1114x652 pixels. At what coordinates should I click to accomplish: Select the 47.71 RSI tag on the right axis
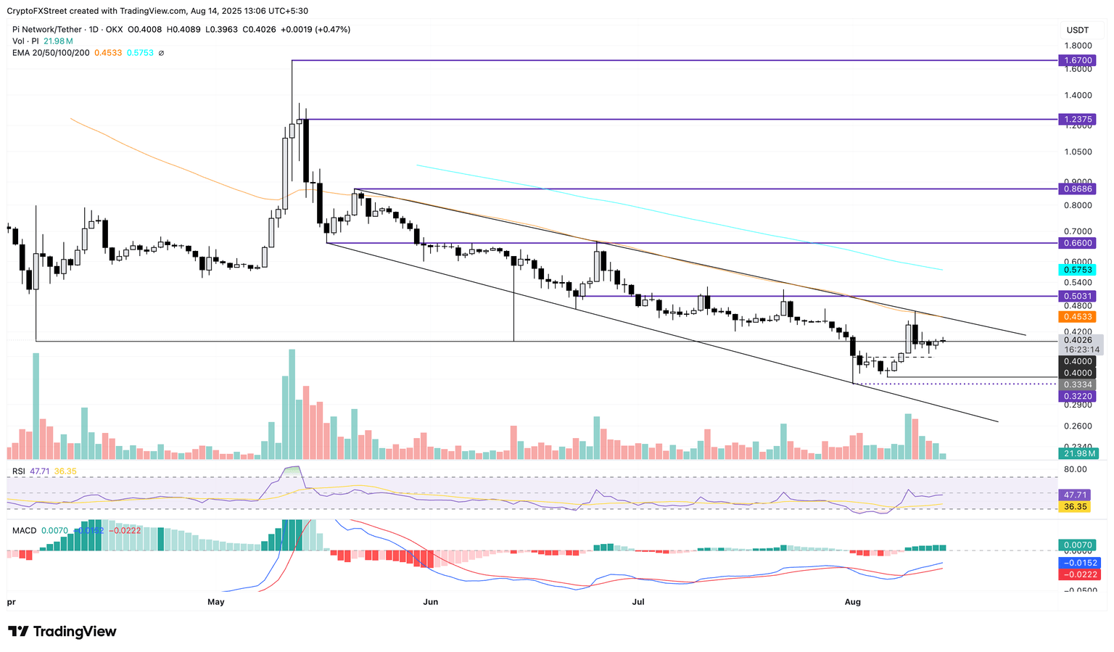point(1076,494)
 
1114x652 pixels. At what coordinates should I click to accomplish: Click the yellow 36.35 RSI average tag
point(1076,507)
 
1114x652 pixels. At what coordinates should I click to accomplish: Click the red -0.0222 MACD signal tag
point(1078,574)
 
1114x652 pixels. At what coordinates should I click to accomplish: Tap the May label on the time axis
point(215,602)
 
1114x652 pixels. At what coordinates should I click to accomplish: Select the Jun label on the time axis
point(431,602)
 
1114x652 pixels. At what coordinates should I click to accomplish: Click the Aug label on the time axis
point(853,602)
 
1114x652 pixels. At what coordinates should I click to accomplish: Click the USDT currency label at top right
point(1077,30)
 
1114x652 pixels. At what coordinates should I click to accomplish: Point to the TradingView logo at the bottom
point(62,632)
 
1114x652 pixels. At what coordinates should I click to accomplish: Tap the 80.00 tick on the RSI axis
point(1076,469)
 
